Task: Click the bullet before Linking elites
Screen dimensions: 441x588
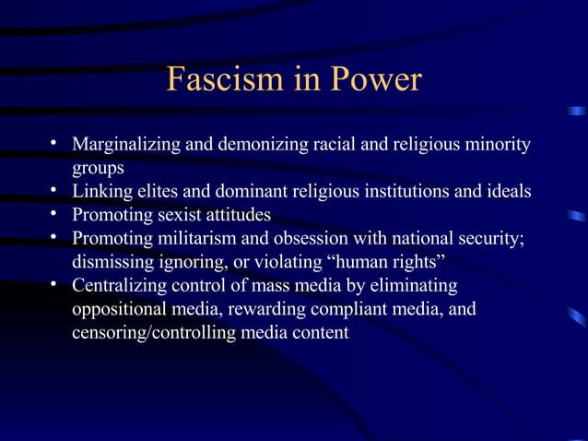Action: click(x=55, y=191)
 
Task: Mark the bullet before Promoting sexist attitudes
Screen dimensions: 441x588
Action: click(x=55, y=214)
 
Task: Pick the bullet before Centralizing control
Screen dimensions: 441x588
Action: click(x=55, y=284)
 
